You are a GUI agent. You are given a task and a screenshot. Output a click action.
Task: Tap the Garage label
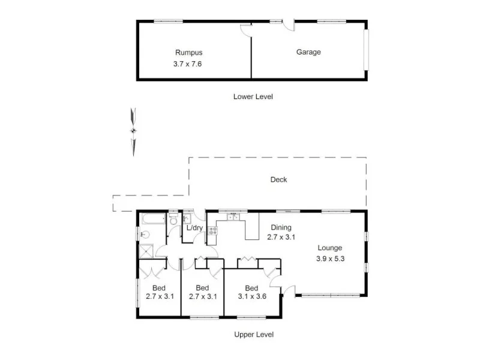(308, 52)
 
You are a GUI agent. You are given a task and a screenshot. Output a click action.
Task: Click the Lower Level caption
(253, 96)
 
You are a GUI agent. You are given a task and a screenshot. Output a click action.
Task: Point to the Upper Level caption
(254, 334)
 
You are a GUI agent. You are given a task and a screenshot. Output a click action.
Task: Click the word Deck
(278, 179)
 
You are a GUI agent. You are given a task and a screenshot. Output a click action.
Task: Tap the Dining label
(280, 227)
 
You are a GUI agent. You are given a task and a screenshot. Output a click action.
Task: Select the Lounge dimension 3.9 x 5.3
(330, 259)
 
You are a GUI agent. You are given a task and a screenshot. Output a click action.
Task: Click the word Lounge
(330, 248)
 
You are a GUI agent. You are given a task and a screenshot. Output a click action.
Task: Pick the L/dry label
(194, 228)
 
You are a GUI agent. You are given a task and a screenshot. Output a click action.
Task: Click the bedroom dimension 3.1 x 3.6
(251, 296)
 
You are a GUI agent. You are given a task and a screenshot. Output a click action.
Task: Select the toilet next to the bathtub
(173, 221)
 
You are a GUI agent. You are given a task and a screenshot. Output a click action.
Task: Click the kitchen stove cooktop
(212, 232)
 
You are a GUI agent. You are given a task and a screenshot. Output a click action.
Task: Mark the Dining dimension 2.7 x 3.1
(280, 237)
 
